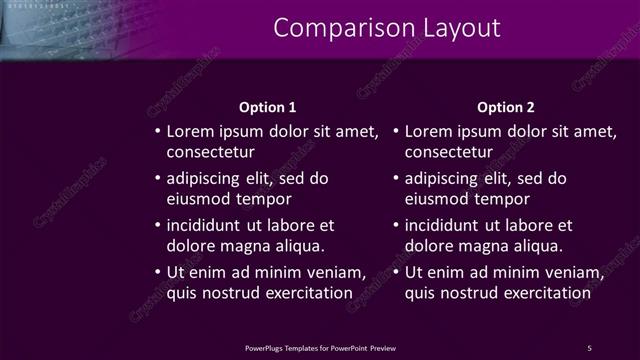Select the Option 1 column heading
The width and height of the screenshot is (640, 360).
pos(268,107)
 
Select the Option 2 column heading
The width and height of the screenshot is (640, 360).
pos(506,107)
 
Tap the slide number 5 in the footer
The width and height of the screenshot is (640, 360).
pos(589,347)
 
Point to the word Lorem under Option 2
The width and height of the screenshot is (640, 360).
pos(429,131)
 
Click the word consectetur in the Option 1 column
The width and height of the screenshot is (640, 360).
pos(210,152)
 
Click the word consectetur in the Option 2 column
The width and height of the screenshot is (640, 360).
pos(449,152)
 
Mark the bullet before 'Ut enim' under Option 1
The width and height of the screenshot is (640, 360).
pos(157,273)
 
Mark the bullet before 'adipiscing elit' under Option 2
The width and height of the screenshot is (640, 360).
pos(396,179)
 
